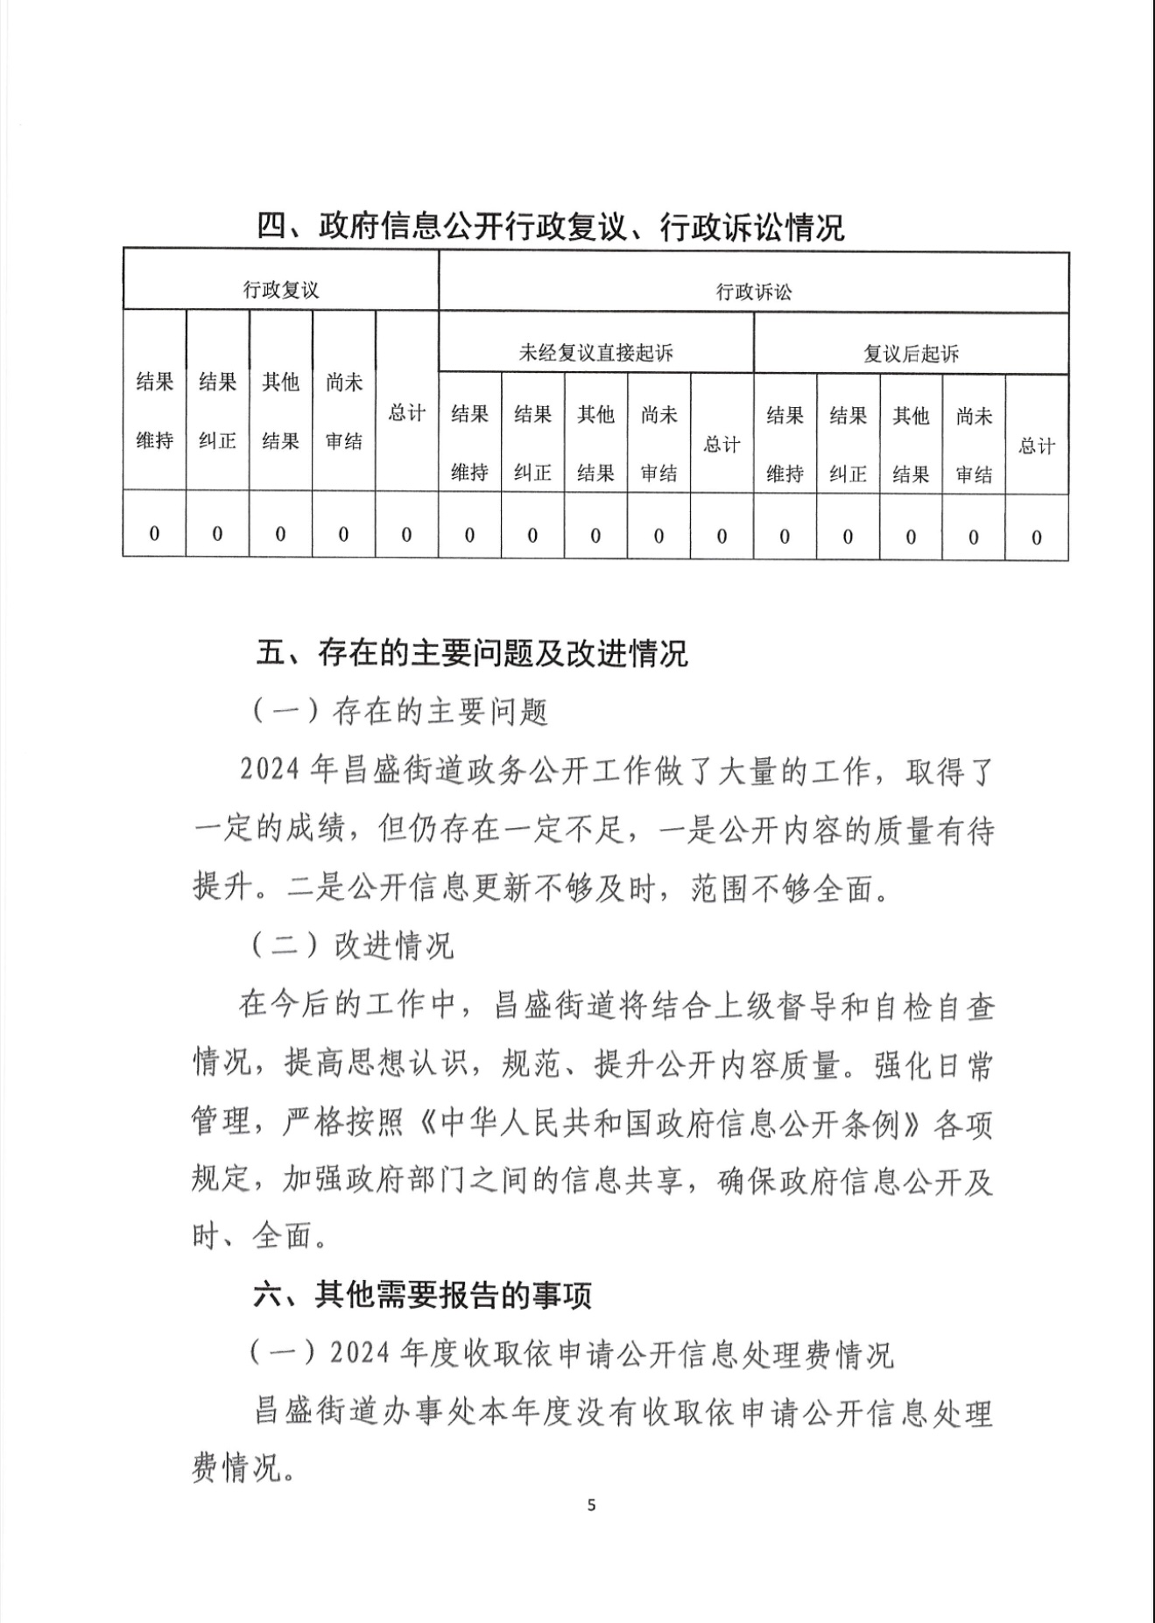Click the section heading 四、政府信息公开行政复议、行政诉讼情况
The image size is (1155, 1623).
tap(550, 228)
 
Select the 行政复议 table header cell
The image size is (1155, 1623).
tap(280, 290)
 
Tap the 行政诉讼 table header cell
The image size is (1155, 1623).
tap(753, 292)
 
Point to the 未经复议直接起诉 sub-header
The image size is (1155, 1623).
tap(595, 353)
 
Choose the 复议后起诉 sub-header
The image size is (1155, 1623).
tap(911, 354)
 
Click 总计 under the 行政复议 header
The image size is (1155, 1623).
tap(406, 412)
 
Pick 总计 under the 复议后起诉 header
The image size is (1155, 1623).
tap(1037, 446)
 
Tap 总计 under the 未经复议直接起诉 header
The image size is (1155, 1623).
tap(722, 445)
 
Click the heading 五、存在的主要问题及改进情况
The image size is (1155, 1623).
tap(472, 653)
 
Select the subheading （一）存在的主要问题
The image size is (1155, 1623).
tap(400, 713)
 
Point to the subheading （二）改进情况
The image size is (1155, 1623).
tap(352, 945)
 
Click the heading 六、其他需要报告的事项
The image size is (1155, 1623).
tap(423, 1295)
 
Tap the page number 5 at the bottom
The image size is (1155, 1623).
tap(592, 1506)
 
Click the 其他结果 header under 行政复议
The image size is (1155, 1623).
tap(280, 411)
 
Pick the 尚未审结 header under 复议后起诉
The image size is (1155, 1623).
tap(974, 445)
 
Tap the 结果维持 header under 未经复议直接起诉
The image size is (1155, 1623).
tap(469, 443)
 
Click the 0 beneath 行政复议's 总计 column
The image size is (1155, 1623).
tap(406, 534)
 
